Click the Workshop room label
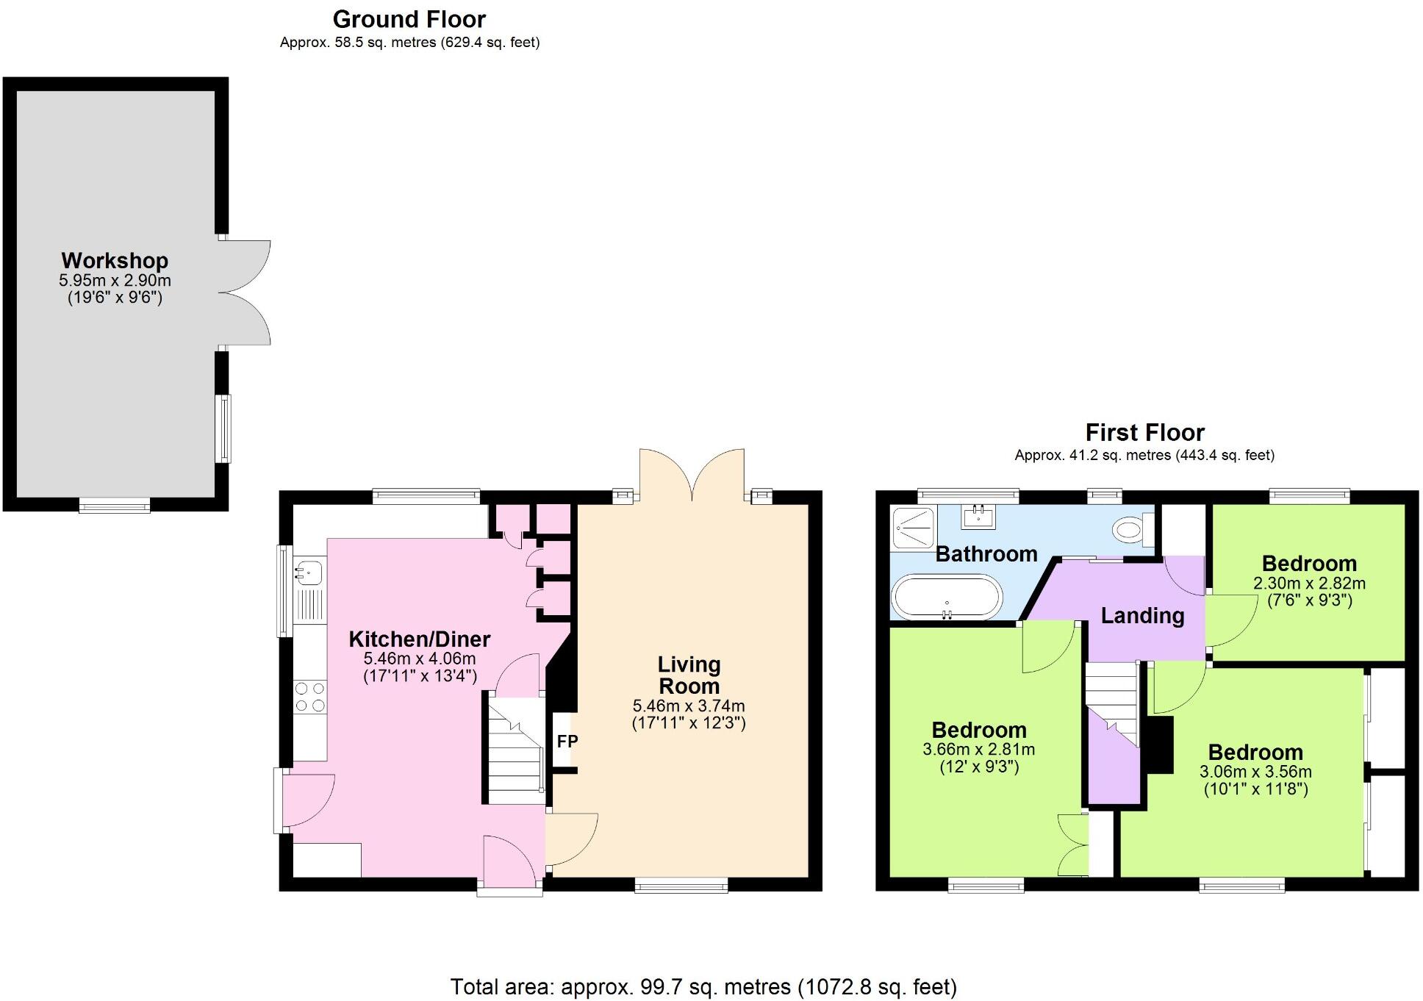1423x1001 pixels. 115,260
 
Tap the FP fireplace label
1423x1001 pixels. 567,742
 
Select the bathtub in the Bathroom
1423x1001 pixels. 946,597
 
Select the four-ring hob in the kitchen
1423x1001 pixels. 309,697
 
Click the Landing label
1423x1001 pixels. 1142,615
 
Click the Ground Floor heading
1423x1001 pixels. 409,19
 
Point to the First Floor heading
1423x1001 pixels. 1144,432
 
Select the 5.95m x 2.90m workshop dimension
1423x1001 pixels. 115,280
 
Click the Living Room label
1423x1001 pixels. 689,675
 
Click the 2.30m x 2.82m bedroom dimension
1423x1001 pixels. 1309,584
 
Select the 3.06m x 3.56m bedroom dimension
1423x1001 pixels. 1255,772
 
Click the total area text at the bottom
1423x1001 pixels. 703,986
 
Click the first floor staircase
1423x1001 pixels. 1112,702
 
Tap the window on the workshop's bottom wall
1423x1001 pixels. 115,505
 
